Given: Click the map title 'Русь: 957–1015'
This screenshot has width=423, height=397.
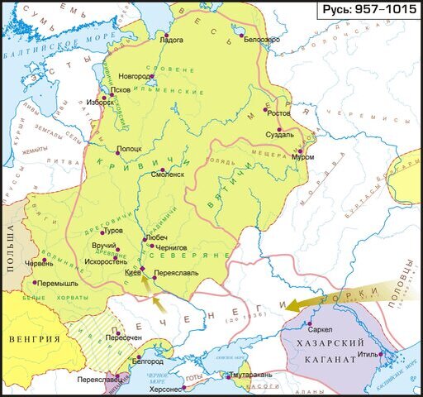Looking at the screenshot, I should (x=369, y=11).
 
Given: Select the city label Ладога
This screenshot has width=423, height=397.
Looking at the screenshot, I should (x=171, y=39).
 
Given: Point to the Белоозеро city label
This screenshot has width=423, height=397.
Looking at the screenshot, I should (x=262, y=39).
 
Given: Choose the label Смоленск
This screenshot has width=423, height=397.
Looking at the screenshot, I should (x=168, y=175).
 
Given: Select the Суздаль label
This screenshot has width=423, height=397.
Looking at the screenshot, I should (x=281, y=134).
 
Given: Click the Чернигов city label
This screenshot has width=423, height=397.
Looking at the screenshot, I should (x=172, y=246).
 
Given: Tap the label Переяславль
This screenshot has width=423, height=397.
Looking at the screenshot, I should (x=175, y=270).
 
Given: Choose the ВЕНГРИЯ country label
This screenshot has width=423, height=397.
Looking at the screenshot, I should (x=34, y=339).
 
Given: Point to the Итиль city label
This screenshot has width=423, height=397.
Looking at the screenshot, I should (x=367, y=361).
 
